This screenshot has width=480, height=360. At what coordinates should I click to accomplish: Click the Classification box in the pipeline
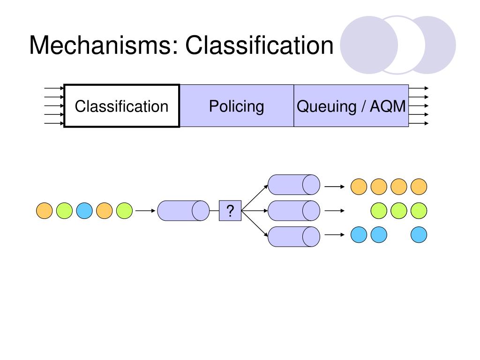[x=121, y=105]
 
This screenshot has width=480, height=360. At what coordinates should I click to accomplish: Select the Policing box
[x=237, y=105]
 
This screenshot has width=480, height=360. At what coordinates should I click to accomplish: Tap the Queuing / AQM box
[x=351, y=105]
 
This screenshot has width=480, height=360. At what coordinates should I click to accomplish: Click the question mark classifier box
[x=230, y=210]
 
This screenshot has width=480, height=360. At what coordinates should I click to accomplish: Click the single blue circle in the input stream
[x=84, y=210]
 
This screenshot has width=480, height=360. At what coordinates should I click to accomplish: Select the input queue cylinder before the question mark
[x=183, y=210]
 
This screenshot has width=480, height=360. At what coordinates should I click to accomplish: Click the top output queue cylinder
[x=294, y=185]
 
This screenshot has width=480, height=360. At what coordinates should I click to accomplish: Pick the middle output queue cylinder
[x=294, y=210]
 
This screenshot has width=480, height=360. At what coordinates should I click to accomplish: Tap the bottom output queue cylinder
[x=294, y=237]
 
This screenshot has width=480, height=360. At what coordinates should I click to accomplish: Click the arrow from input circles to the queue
[x=145, y=210]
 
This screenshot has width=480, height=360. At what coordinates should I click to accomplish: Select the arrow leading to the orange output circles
[x=335, y=187]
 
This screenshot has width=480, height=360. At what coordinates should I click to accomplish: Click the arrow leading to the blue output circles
[x=335, y=235]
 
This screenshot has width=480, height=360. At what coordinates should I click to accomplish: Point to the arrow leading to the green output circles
[x=335, y=210]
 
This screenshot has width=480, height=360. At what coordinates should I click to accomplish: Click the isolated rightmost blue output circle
[x=419, y=235]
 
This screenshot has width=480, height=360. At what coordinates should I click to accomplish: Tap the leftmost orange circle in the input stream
[x=45, y=210]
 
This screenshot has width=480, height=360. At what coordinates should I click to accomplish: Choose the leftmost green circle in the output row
[x=379, y=210]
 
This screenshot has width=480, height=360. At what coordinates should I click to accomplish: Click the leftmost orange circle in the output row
[x=359, y=187]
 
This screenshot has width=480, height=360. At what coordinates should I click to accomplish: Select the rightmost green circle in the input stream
[x=124, y=210]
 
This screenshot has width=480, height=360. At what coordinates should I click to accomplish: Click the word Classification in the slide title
[x=259, y=45]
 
